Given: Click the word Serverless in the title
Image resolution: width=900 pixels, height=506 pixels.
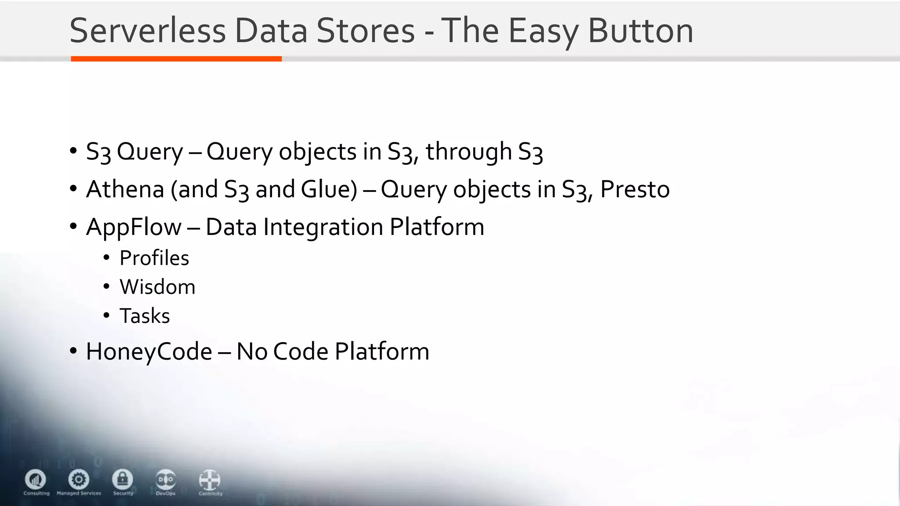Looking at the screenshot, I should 148,31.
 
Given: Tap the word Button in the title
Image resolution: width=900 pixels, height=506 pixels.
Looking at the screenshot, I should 640,31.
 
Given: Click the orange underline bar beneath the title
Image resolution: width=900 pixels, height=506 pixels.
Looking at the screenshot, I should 176,59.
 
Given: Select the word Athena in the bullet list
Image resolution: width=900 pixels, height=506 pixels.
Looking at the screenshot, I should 125,189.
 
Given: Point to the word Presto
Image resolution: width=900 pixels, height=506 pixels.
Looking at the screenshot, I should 635,189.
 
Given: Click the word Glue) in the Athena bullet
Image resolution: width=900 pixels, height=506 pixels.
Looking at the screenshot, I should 329,189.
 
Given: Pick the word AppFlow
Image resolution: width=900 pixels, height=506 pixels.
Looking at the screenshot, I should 134,227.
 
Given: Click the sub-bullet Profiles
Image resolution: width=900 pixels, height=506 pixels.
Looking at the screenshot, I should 154,258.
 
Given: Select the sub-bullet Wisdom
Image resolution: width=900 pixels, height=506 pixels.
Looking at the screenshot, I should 157,287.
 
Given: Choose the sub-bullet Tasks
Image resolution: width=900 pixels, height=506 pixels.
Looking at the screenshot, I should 145,316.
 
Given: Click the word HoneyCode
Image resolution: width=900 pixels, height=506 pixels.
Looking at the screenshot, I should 149,351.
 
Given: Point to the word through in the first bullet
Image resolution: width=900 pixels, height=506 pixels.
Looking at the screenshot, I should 468,152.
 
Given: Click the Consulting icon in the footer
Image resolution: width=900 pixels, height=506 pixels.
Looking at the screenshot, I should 36,479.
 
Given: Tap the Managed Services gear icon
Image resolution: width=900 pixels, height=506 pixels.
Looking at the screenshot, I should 79,479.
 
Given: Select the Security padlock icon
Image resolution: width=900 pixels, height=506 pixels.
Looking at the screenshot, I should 123,479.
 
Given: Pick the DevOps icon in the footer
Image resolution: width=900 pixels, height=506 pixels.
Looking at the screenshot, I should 166,479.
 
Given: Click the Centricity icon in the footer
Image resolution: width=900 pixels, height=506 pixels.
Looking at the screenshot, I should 210,480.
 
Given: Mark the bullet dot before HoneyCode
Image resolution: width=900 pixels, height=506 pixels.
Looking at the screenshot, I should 73,351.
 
